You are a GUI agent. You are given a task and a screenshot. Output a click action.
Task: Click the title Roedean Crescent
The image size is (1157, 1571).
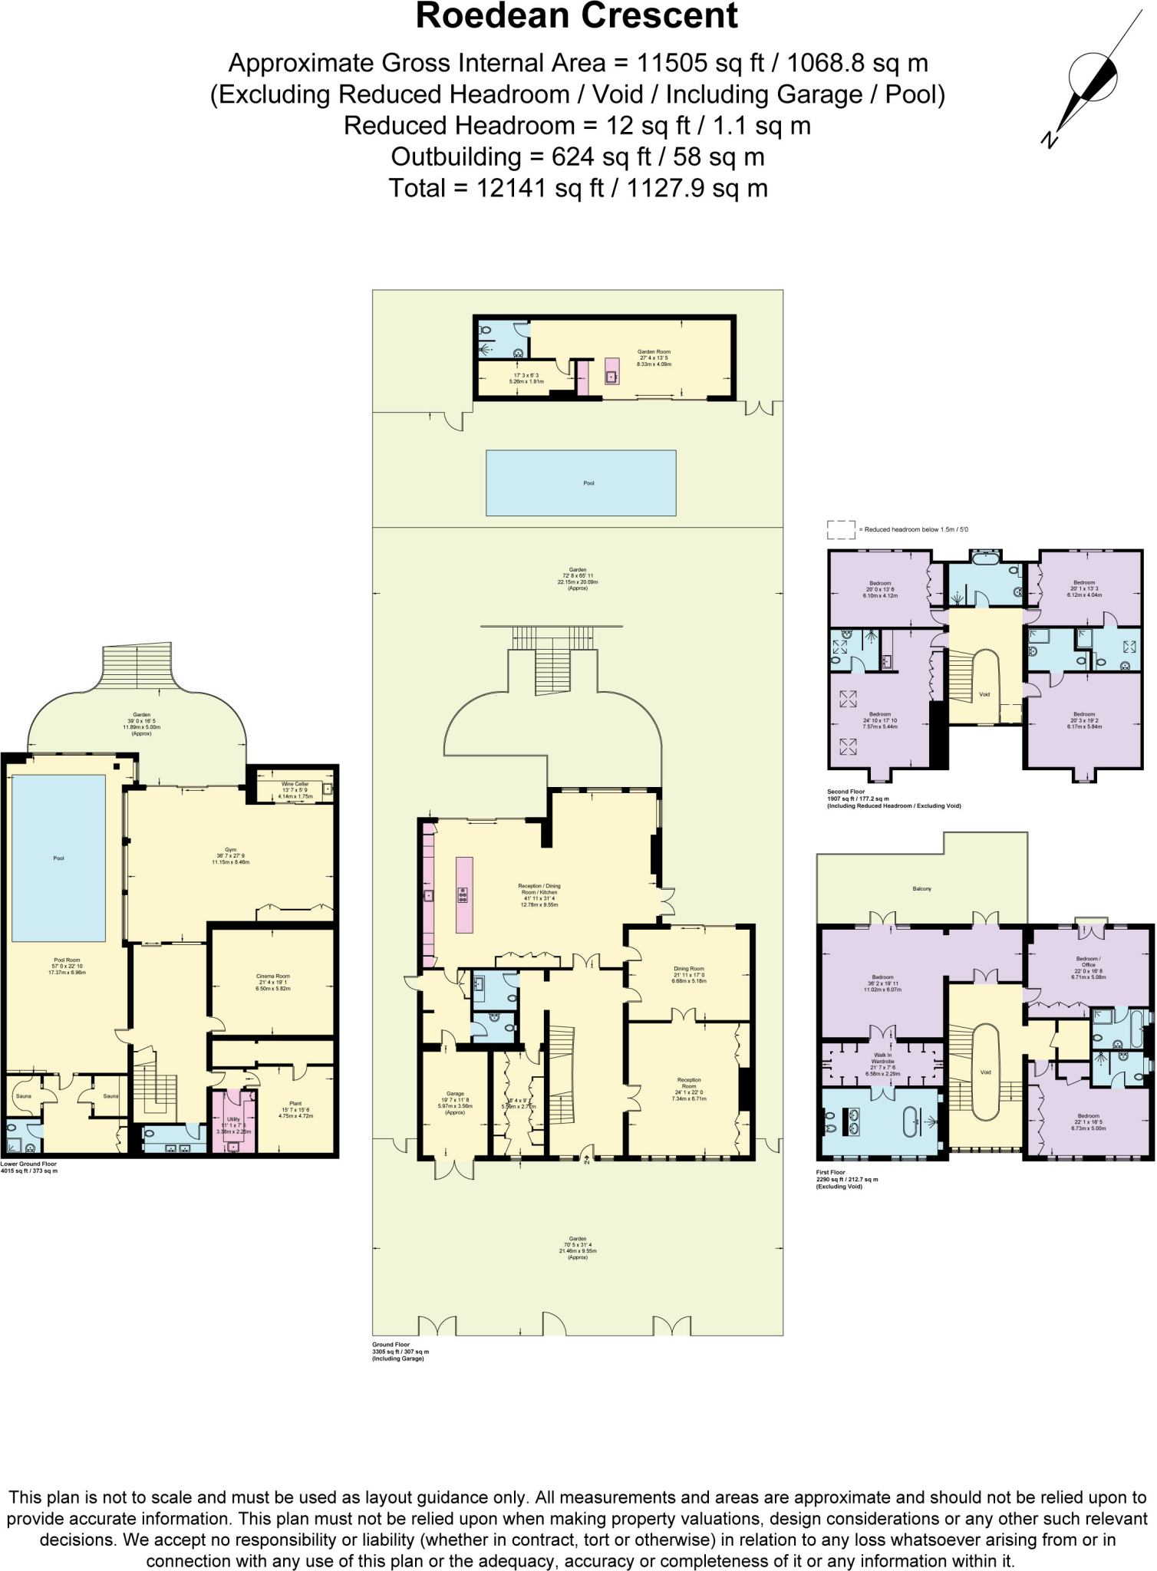(577, 17)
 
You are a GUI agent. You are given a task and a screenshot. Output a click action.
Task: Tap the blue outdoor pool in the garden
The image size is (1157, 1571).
(581, 482)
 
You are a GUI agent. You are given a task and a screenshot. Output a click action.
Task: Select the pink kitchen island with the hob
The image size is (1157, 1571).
(464, 894)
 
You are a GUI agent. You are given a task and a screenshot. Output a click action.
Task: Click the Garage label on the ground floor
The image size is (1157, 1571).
(455, 1094)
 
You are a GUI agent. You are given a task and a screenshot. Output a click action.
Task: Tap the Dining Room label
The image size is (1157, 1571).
(688, 969)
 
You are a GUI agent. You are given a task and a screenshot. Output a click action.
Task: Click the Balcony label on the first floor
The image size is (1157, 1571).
(921, 889)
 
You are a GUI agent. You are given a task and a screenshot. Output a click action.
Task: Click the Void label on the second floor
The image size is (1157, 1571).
(984, 694)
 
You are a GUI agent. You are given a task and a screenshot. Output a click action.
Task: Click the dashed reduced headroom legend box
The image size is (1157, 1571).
(841, 529)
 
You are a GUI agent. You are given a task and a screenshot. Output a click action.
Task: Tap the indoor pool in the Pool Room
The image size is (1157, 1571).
(59, 858)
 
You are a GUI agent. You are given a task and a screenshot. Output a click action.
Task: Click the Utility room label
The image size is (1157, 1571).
(233, 1119)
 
